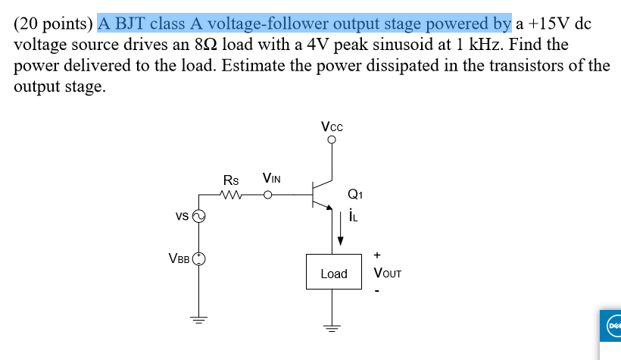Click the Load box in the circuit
(x=333, y=273)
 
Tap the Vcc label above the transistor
(x=331, y=127)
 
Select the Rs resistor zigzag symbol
(x=232, y=195)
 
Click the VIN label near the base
(x=271, y=179)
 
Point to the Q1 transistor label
(x=354, y=194)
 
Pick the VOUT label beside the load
(x=387, y=273)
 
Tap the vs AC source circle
(x=199, y=217)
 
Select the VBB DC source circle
(x=199, y=258)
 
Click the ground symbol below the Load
(x=331, y=327)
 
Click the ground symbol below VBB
(x=199, y=318)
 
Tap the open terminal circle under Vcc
(x=331, y=139)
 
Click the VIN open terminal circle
(x=267, y=195)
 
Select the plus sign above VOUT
(x=376, y=255)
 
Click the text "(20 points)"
(x=54, y=23)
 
